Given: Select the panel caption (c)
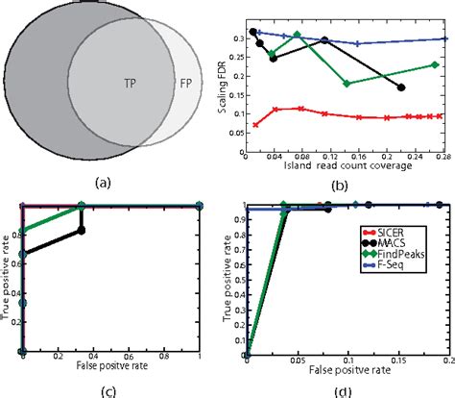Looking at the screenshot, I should pos(110,388).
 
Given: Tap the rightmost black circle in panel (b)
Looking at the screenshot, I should pos(401,87).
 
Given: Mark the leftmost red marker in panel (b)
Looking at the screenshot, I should pos(255,124).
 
